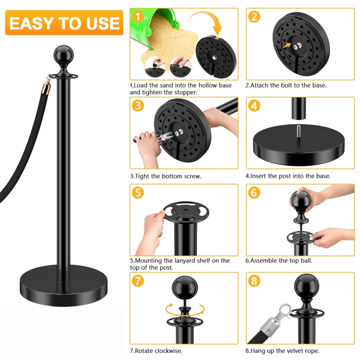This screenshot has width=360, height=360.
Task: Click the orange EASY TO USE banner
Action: click(64, 23)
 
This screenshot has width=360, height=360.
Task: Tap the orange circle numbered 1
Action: click(138, 17)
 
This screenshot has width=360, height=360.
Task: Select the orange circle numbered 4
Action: click(254, 106)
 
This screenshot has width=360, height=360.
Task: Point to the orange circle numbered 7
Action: click(138, 281)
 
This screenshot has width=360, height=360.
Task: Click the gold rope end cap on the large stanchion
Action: click(46, 88)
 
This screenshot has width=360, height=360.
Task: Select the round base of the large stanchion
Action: click(64, 286)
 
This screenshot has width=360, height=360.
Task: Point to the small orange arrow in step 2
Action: click(287, 45)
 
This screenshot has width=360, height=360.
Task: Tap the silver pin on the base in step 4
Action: click(298, 131)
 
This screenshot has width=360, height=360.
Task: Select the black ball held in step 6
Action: click(300, 199)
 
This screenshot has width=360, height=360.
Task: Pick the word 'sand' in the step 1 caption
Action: click(166, 85)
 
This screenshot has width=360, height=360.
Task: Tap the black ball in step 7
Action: click(185, 287)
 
